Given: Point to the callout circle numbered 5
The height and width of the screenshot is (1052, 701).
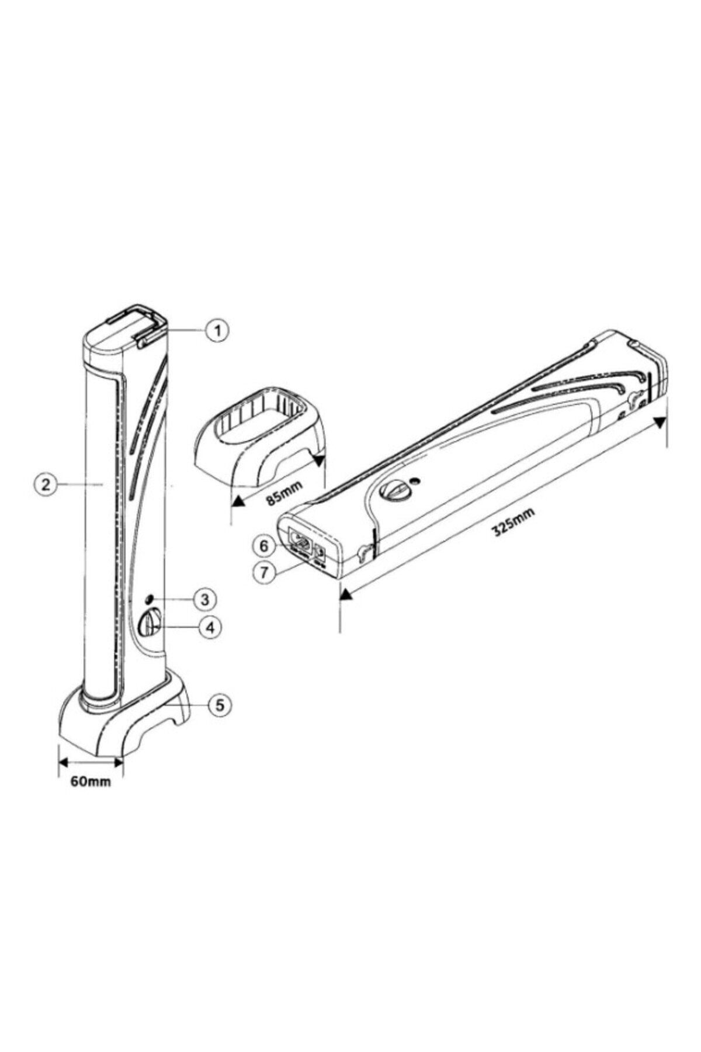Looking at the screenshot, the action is [x=220, y=705].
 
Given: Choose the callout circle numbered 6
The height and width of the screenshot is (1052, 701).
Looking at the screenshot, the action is [x=264, y=546].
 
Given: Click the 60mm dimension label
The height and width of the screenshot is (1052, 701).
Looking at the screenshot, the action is [x=91, y=781].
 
